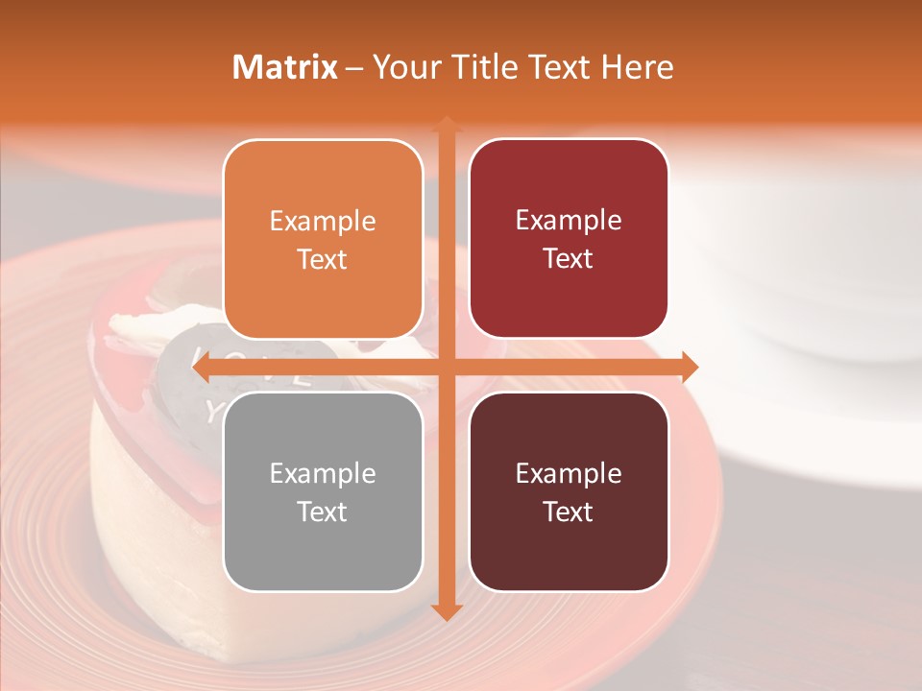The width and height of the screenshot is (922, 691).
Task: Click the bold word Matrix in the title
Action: point(285,67)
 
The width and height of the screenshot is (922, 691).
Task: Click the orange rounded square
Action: point(323,239)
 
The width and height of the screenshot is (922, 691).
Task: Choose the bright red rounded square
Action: point(569,239)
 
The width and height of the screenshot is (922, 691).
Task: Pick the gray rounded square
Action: point(323,491)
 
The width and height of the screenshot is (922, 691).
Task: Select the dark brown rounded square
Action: point(569,491)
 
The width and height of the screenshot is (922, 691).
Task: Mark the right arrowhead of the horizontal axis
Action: point(689,367)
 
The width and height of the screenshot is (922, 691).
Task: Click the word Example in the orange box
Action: point(323,222)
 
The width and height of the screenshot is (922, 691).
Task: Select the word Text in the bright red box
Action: point(569,259)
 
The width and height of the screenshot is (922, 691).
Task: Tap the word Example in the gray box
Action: point(323,474)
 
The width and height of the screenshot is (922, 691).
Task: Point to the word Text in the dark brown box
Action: point(569,512)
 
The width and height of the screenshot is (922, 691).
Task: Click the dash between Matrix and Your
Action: point(354,68)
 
